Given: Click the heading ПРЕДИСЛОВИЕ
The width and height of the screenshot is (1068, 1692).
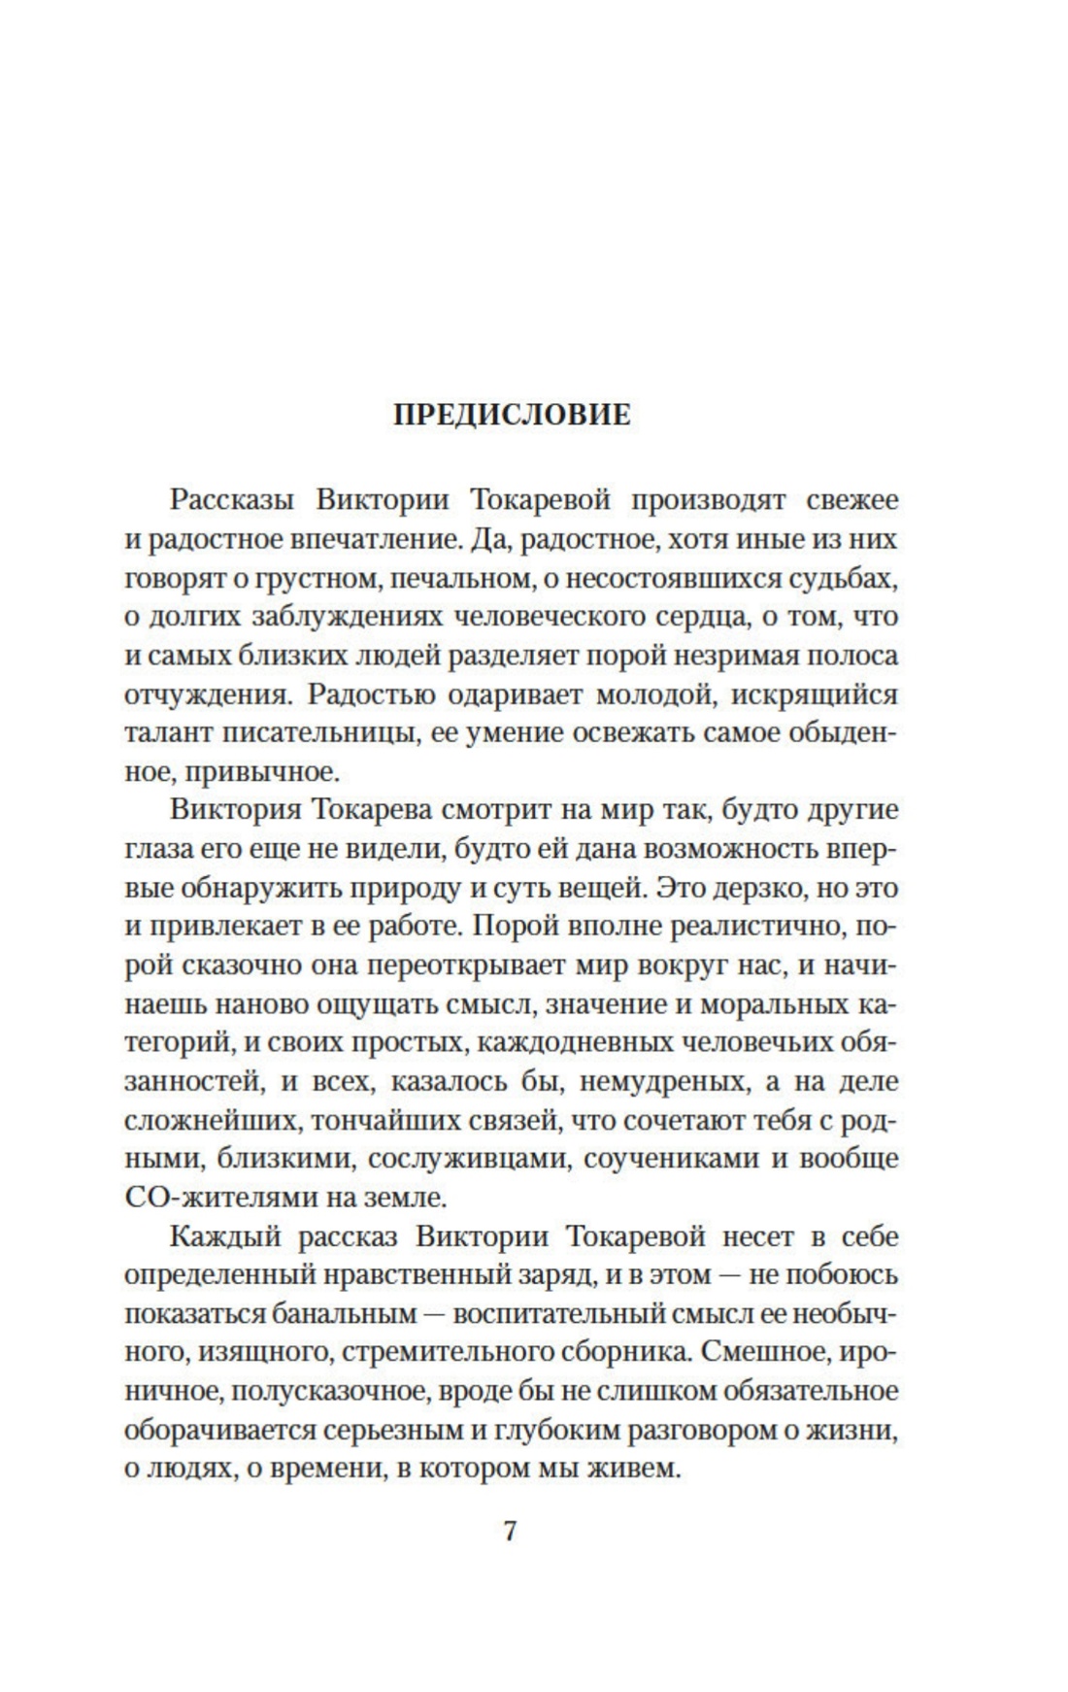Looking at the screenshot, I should pos(512,416).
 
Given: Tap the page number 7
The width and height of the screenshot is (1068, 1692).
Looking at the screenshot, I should pos(511,1531).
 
